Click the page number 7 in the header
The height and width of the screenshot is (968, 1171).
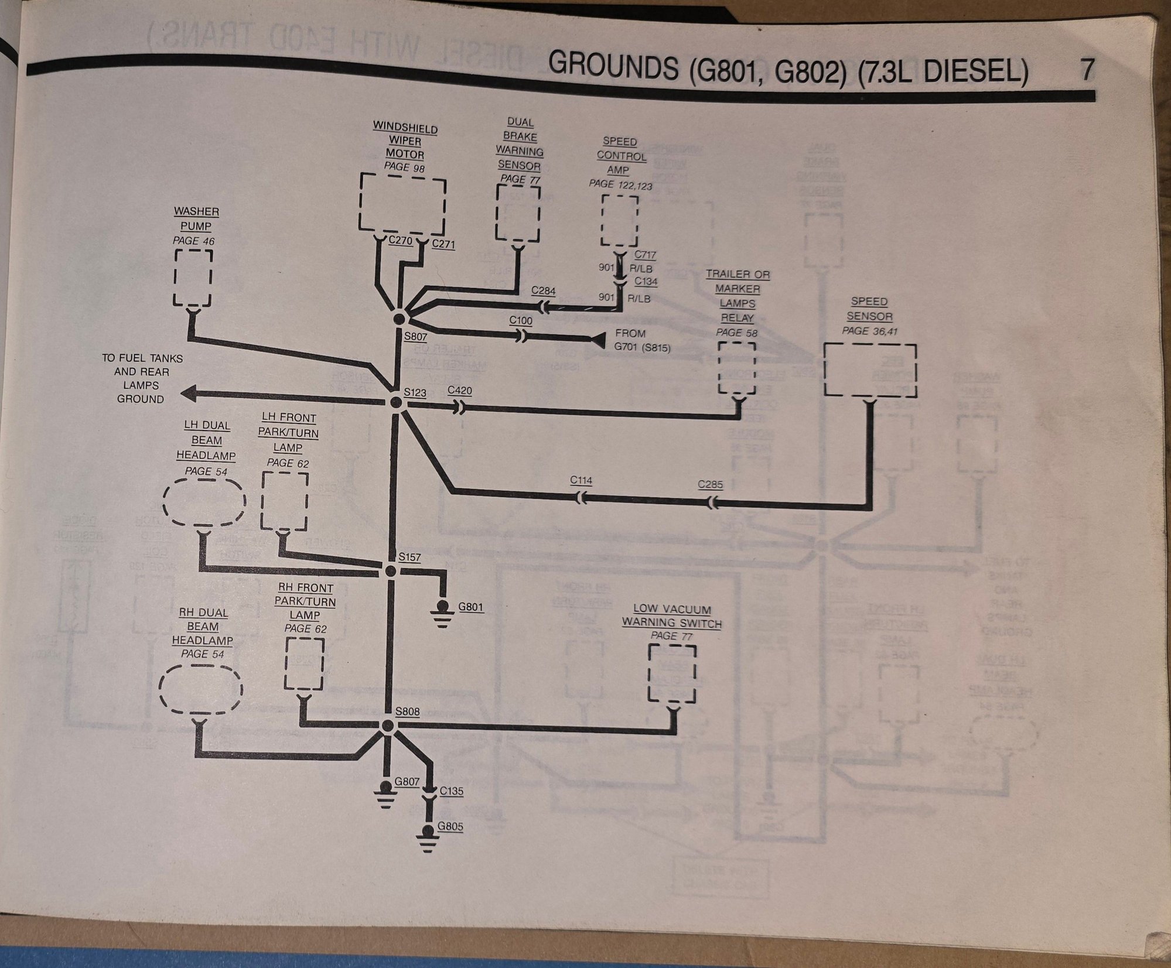[x=1086, y=70]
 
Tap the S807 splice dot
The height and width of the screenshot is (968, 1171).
[x=400, y=318]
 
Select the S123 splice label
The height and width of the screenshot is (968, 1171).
[x=415, y=392]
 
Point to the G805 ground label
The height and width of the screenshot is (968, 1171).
[x=450, y=827]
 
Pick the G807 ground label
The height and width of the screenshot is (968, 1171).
[x=407, y=781]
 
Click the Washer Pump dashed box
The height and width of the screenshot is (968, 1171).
[x=193, y=278]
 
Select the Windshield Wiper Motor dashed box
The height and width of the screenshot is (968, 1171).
[x=402, y=205]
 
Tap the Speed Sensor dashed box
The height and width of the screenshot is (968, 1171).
[x=870, y=370]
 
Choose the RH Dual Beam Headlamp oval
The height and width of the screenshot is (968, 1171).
[x=200, y=689]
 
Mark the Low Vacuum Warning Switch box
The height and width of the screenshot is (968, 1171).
[x=672, y=673]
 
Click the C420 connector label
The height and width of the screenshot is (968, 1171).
[x=459, y=391]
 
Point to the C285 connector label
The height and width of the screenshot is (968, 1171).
[x=710, y=485]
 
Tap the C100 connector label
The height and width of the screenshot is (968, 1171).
[x=521, y=320]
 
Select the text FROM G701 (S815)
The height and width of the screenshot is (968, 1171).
[x=641, y=340]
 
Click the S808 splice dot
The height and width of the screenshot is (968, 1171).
[x=387, y=726]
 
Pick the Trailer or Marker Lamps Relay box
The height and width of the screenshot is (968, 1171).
[x=737, y=368]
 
